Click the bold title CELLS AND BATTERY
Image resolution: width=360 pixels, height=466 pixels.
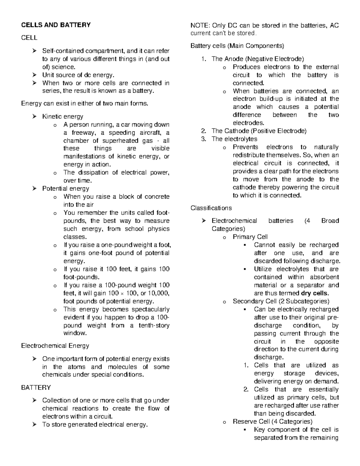tap(56, 25)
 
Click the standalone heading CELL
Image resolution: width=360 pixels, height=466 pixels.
tap(29, 38)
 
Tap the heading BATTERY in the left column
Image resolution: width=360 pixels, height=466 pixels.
tap(36, 387)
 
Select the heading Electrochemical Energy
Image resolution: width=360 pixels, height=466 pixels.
tap(55, 346)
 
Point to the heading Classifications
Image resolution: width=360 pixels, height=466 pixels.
tap(211, 208)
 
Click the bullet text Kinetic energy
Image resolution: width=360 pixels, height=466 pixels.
tap(62, 116)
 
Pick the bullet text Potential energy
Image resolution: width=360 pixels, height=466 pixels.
tap(65, 188)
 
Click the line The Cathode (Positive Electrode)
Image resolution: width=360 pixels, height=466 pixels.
tap(259, 131)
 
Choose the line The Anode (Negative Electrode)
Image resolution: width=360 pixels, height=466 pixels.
tap(258, 59)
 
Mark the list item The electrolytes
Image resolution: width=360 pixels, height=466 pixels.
tap(234, 139)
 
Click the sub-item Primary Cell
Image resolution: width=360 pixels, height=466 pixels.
tap(250, 237)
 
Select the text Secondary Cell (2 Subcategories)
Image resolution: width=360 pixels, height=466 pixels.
tap(281, 301)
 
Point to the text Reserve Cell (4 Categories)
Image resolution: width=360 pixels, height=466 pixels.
tap(272, 422)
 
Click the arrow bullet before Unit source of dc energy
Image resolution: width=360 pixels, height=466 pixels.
tap(35, 75)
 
